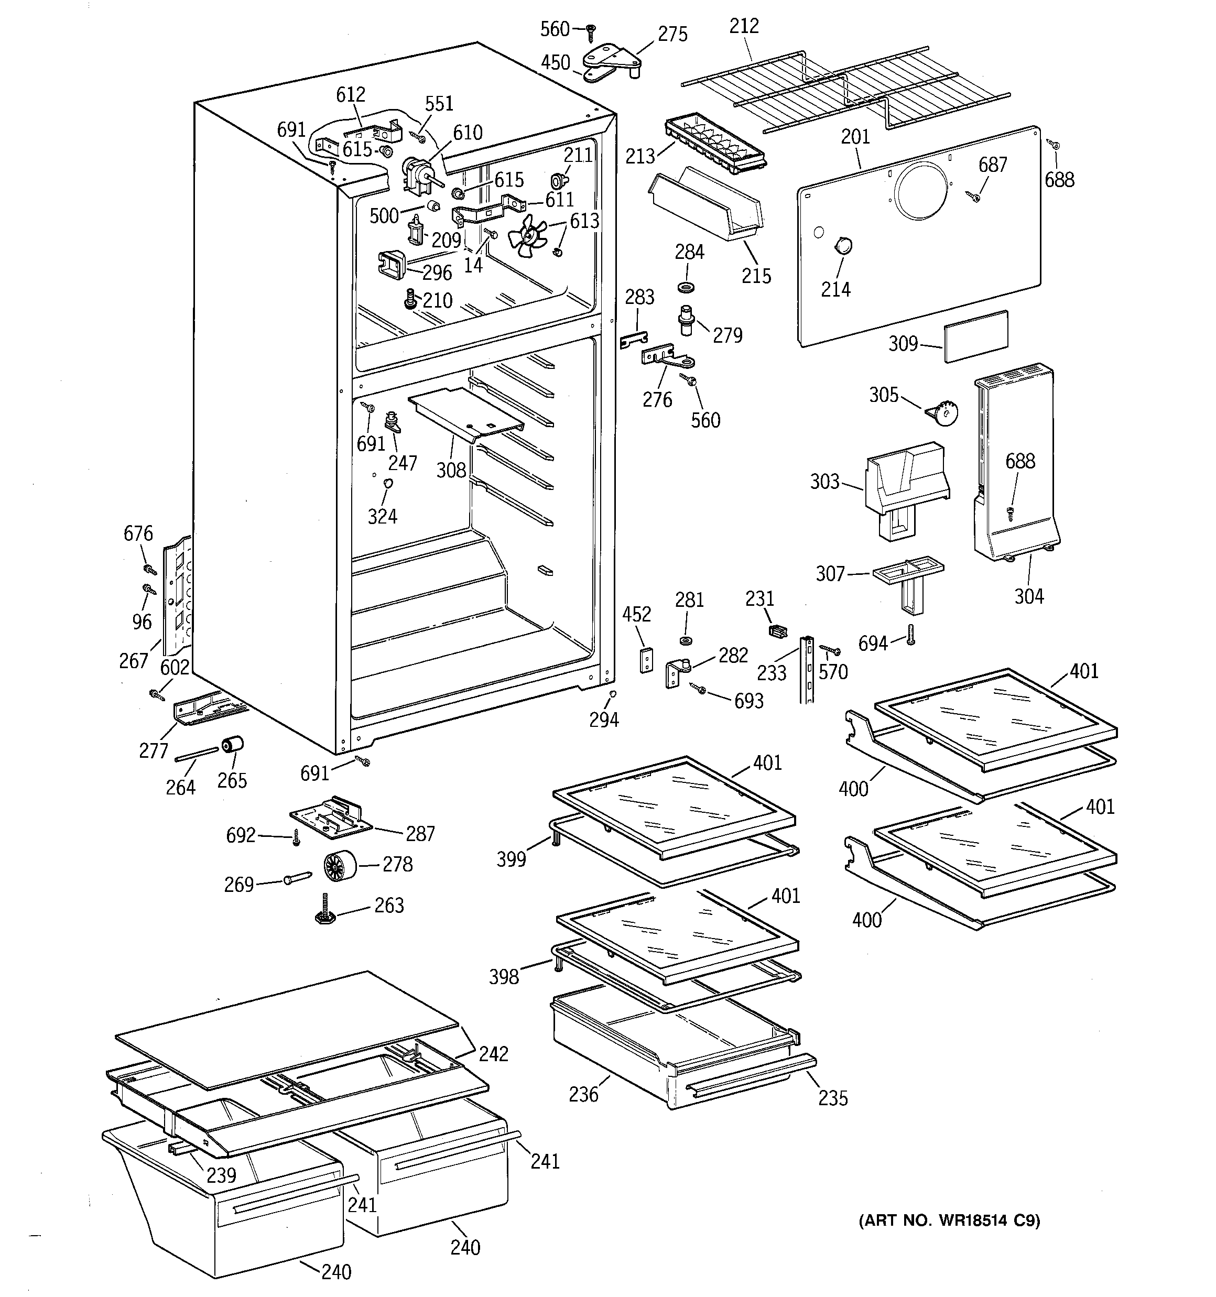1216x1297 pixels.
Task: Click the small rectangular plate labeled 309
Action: click(975, 335)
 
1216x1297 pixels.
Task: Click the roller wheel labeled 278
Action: click(340, 865)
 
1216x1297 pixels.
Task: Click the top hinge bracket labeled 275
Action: click(614, 60)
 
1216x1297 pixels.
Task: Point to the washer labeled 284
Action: click(686, 287)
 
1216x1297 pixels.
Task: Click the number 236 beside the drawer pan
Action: click(583, 1094)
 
